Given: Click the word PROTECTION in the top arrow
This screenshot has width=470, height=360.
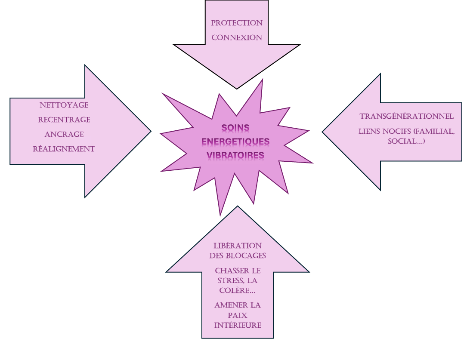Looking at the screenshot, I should pyautogui.click(x=236, y=23).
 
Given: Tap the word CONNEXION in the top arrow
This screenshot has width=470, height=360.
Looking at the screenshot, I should pyautogui.click(x=236, y=37).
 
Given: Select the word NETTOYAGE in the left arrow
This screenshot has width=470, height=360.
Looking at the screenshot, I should pyautogui.click(x=64, y=105).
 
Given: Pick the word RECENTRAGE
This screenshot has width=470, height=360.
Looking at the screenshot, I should pyautogui.click(x=64, y=120).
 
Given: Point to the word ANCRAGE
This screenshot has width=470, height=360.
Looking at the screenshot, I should pyautogui.click(x=64, y=134).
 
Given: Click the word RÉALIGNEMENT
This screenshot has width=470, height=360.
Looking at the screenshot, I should pyautogui.click(x=64, y=149).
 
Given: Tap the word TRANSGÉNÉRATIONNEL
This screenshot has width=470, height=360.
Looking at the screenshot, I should pyautogui.click(x=406, y=117).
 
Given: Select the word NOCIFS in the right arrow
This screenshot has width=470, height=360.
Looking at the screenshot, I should pyautogui.click(x=397, y=131).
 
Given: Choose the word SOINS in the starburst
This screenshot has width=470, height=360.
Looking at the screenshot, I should pyautogui.click(x=235, y=128).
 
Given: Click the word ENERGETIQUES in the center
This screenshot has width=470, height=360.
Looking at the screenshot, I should pyautogui.click(x=235, y=141).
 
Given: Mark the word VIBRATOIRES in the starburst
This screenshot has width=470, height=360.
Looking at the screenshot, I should pyautogui.click(x=235, y=154).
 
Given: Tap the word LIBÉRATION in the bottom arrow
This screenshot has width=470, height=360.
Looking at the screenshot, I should pyautogui.click(x=238, y=246).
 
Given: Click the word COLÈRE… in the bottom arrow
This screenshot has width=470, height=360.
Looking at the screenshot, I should pyautogui.click(x=238, y=290).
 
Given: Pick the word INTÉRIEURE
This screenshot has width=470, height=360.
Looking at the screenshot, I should pyautogui.click(x=238, y=325).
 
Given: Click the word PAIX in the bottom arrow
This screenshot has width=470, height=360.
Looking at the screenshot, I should pyautogui.click(x=238, y=315).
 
